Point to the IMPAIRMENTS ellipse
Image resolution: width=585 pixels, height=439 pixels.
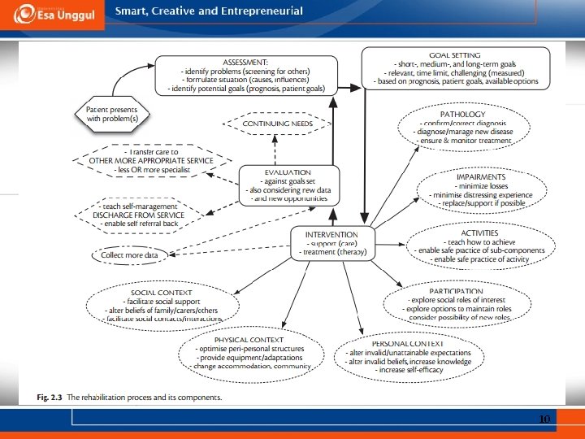(481, 189)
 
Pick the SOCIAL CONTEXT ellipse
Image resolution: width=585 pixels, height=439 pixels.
(162, 306)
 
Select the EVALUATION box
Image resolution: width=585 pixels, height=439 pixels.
(287, 185)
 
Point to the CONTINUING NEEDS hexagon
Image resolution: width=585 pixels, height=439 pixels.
(276, 124)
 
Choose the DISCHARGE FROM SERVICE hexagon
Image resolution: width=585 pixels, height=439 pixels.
(136, 212)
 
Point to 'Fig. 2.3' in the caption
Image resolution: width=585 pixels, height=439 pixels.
(50, 398)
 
